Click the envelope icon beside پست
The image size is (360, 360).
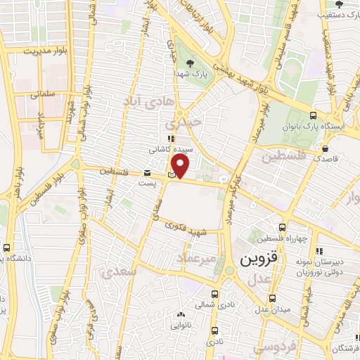(147, 173)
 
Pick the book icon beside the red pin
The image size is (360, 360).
(172, 174)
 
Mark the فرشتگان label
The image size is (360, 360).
(345, 348)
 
